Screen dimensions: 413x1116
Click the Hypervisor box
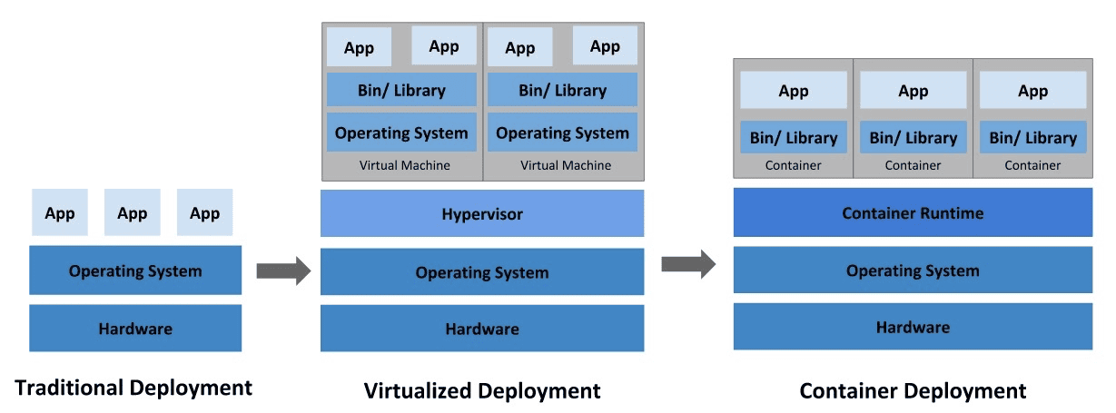[x=482, y=214]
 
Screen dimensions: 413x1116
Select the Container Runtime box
[x=913, y=213]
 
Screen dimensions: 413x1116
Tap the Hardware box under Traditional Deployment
[x=135, y=329]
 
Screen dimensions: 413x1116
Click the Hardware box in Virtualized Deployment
[x=482, y=329]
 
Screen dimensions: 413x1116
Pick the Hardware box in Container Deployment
[x=913, y=327]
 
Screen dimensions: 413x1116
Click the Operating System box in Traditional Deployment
[x=135, y=270]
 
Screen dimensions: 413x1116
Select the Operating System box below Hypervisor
[x=482, y=272]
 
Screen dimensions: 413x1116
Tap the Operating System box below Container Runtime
[x=913, y=270]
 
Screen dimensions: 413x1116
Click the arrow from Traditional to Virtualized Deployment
[x=283, y=270]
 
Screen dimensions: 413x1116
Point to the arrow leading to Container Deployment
[x=687, y=264]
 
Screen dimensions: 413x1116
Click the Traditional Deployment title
[x=133, y=388]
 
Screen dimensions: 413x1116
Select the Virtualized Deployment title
[x=482, y=391]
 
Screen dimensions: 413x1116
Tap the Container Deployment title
[x=913, y=391]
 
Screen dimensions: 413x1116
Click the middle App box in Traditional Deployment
[x=133, y=213]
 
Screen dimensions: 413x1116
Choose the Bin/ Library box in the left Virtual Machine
[x=401, y=90]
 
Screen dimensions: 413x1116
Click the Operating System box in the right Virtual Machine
[x=562, y=133]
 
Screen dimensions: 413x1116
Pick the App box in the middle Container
[x=914, y=91]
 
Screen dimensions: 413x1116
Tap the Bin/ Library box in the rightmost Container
[x=1032, y=138]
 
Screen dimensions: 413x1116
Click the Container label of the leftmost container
[x=794, y=165]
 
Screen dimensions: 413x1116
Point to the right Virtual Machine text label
[x=566, y=165]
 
